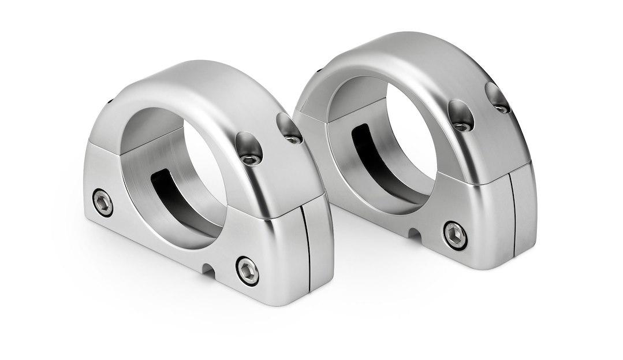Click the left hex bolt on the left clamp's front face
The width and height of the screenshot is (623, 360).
103,203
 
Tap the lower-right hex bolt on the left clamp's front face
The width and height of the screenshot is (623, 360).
248,270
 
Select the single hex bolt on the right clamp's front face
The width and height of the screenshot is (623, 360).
456,235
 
